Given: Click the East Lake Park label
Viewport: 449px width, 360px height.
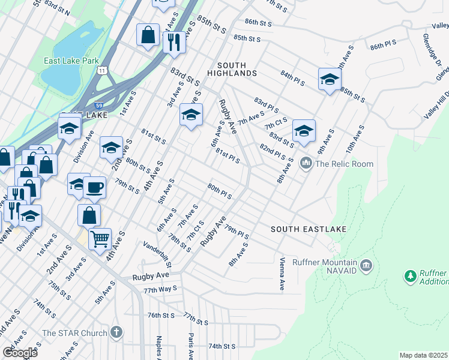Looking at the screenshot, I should coord(71,61).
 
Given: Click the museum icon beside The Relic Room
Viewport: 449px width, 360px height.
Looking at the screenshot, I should coord(306,163).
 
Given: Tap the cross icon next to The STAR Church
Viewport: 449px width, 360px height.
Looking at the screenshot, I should coord(116,332).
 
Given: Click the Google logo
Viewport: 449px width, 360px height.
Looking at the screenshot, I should coord(19,353).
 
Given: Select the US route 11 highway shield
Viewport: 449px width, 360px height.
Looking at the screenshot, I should coord(103,70).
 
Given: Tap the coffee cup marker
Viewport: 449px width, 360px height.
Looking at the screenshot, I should coord(94,187).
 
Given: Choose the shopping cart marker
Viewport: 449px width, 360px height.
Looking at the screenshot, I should coord(100,238).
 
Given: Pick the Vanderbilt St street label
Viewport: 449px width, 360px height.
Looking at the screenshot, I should coord(158,254).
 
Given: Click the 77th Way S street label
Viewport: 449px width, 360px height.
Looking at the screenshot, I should coord(159,289).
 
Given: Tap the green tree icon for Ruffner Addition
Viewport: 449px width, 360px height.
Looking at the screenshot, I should coord(411,276).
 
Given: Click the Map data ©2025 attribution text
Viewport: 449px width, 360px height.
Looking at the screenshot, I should coord(423,355).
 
